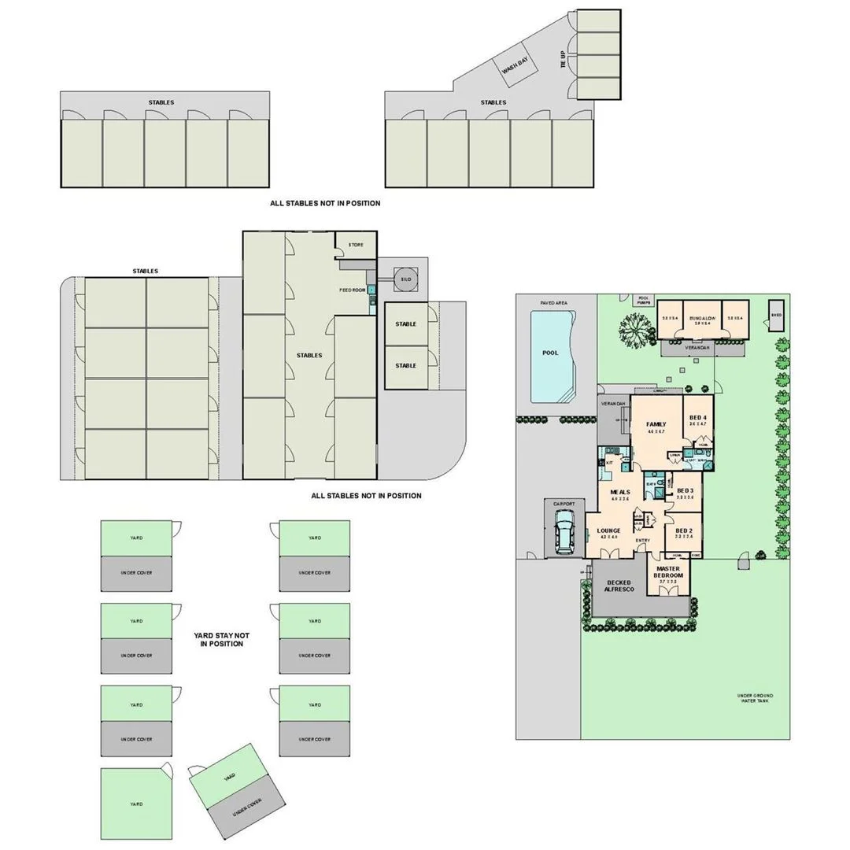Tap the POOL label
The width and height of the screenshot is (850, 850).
(550, 353)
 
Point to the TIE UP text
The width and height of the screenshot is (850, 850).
(564, 60)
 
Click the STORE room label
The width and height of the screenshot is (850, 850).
(356, 245)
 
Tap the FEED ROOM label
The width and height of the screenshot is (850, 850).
(353, 290)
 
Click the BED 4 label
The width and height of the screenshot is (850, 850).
(697, 418)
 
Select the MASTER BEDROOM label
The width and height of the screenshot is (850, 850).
(668, 572)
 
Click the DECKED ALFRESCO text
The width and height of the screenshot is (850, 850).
(619, 586)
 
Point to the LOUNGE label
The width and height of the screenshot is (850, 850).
(608, 531)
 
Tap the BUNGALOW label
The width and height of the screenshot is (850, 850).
(701, 320)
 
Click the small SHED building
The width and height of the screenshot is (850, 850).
(777, 313)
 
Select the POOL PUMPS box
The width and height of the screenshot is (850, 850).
(645, 300)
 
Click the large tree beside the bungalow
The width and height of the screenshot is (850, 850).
(636, 329)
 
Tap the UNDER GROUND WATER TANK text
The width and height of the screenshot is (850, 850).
(755, 698)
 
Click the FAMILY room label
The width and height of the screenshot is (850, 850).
(656, 424)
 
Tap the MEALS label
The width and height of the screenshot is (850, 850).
(620, 492)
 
